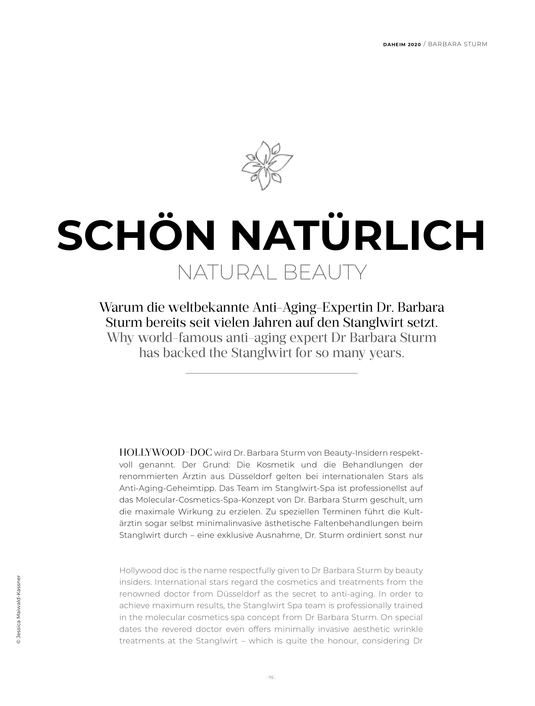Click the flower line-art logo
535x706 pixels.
[x=267, y=166]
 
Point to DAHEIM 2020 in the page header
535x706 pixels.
[x=402, y=44]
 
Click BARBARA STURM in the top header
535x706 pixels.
[x=457, y=44]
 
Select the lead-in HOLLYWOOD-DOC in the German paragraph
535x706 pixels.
[x=165, y=453]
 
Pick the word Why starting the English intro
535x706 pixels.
[x=120, y=338]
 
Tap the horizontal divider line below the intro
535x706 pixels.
[x=271, y=373]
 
